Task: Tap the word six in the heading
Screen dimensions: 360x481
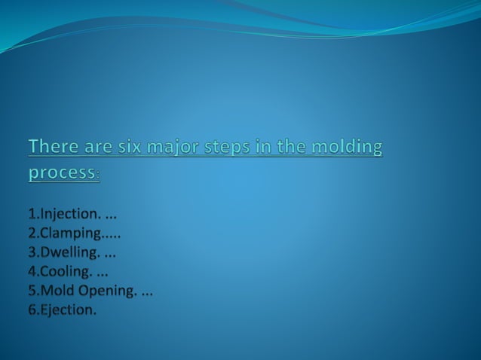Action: pyautogui.click(x=133, y=145)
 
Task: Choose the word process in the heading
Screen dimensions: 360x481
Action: pyautogui.click(x=62, y=172)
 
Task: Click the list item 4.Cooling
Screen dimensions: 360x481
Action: pyautogui.click(x=60, y=270)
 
